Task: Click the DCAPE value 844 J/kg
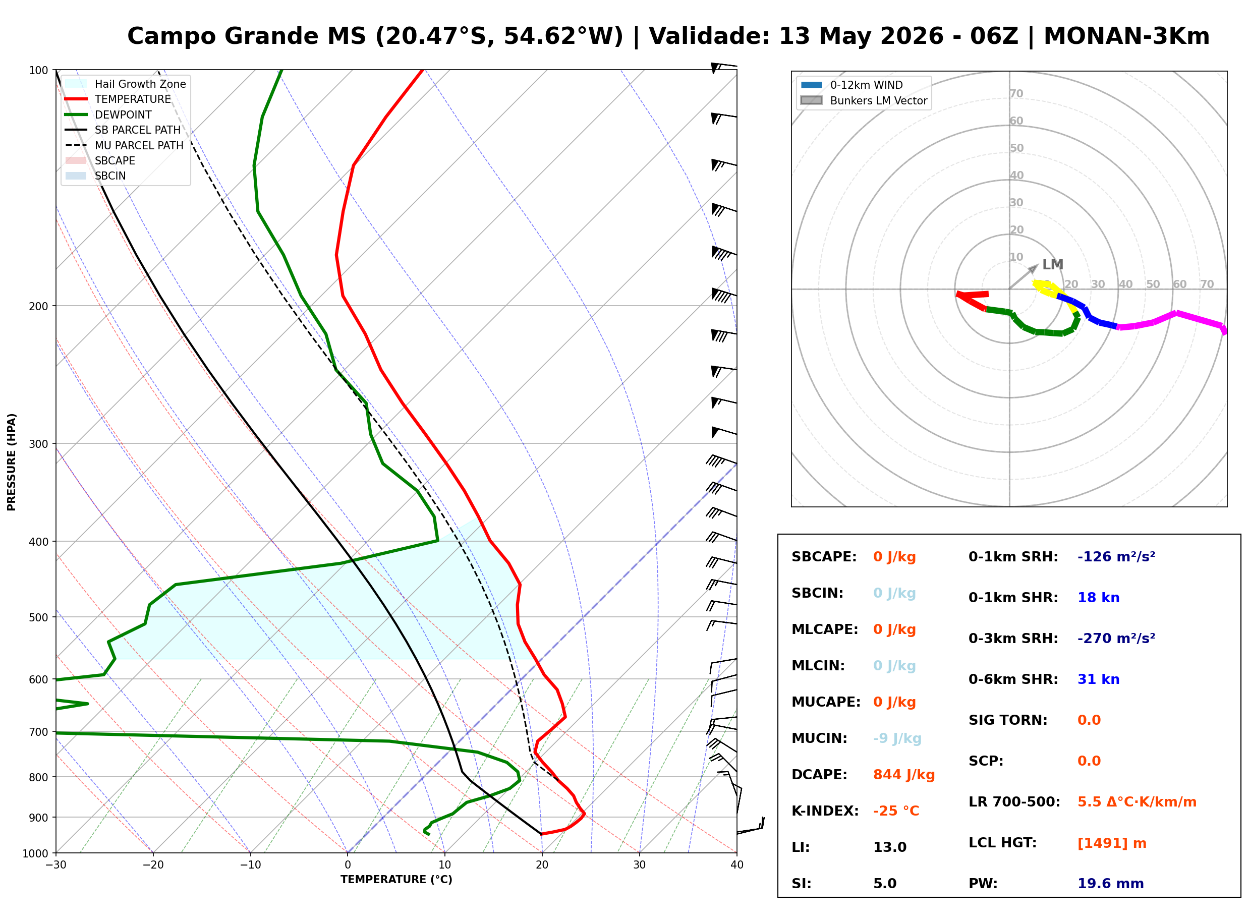point(903,774)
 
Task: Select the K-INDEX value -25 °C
point(895,811)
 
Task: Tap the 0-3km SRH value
point(1116,638)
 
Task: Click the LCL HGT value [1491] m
point(1111,843)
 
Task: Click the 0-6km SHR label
point(1013,679)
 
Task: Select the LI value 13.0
point(889,847)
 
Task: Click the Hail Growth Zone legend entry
point(126,84)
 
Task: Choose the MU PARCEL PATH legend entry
point(125,145)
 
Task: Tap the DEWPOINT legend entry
point(108,114)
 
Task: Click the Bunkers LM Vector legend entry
point(864,100)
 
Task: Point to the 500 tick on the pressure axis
point(38,617)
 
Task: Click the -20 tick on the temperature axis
point(152,865)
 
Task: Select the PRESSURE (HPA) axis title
point(12,462)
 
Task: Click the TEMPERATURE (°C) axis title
point(396,880)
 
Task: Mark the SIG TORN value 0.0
point(1089,720)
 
